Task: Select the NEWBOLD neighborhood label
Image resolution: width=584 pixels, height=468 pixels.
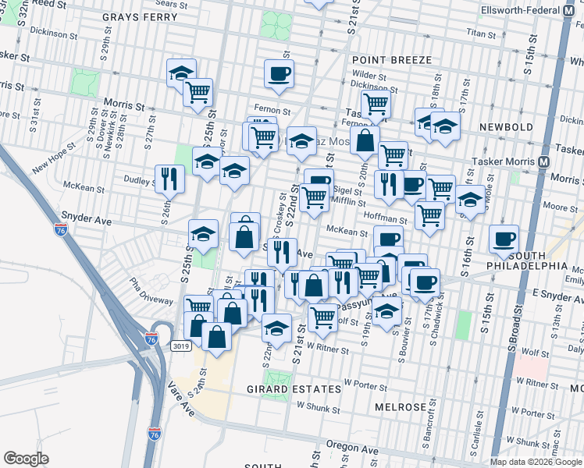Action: pos(505,127)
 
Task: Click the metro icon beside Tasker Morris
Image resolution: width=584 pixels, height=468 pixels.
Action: pos(544,161)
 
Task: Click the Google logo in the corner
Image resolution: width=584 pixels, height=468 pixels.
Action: pos(26,458)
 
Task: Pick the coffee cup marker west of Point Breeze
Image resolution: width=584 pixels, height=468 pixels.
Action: pos(279,75)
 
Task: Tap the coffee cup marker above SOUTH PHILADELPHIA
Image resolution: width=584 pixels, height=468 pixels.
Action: pos(504,239)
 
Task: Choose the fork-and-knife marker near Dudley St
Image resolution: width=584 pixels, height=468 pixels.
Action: pos(169,179)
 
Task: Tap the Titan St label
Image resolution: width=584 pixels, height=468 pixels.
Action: pos(480,34)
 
